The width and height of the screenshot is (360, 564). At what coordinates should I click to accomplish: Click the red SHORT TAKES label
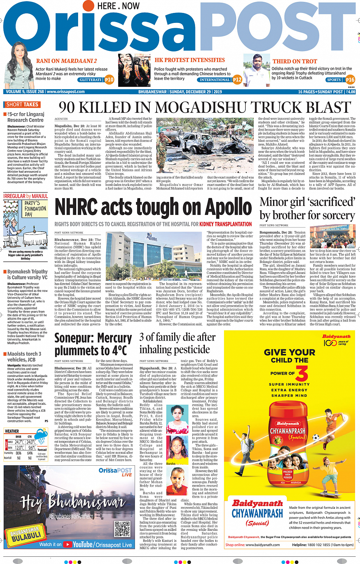pos(22,104)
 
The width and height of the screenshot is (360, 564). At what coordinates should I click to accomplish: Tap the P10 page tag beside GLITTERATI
pos(109,80)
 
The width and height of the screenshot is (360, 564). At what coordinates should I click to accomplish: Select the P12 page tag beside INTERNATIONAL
pos(237,80)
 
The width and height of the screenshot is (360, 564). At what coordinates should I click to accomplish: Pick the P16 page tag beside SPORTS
pos(350,80)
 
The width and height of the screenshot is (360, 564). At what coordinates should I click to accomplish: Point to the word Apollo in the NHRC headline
pos(228,208)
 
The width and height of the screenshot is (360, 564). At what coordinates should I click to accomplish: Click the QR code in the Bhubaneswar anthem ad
pos(122,529)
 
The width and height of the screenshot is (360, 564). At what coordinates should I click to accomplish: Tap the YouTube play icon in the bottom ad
pos(68,545)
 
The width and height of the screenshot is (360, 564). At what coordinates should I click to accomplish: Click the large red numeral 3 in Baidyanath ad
pos(302,373)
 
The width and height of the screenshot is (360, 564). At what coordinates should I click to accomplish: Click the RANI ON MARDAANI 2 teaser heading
pos(66,61)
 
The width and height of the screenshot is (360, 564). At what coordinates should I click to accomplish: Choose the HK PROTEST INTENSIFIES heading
pos(190,60)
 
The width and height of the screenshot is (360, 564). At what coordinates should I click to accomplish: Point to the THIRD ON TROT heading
pos(294,61)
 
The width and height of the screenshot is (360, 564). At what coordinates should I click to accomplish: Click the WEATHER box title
pos(12,431)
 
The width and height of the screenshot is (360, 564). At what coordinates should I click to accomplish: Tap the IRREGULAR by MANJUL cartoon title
pos(26,196)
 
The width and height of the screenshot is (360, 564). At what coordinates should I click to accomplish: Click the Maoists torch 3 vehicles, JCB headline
pos(24,357)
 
